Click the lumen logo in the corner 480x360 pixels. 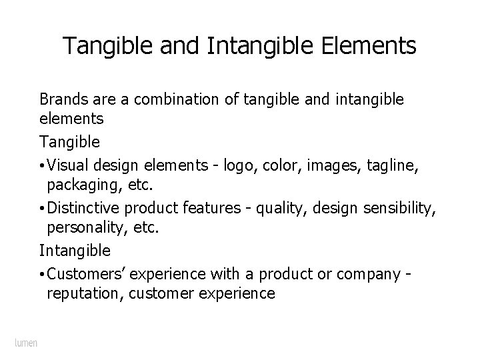click(x=26, y=343)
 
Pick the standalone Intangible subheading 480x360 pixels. click(x=75, y=251)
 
